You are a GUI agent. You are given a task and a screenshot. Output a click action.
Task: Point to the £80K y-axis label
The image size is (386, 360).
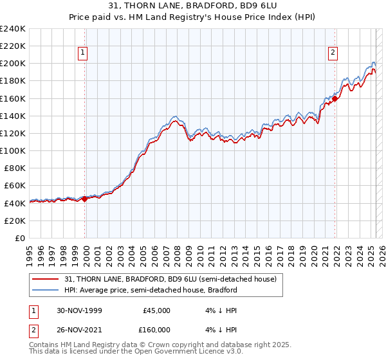15,168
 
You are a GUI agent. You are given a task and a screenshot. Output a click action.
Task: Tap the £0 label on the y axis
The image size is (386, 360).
21,238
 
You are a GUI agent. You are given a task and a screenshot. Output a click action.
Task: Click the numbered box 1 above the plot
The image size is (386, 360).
84,53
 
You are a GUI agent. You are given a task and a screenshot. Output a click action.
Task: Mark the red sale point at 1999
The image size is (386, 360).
85,199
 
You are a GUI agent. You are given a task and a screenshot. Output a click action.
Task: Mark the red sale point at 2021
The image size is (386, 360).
335,98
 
